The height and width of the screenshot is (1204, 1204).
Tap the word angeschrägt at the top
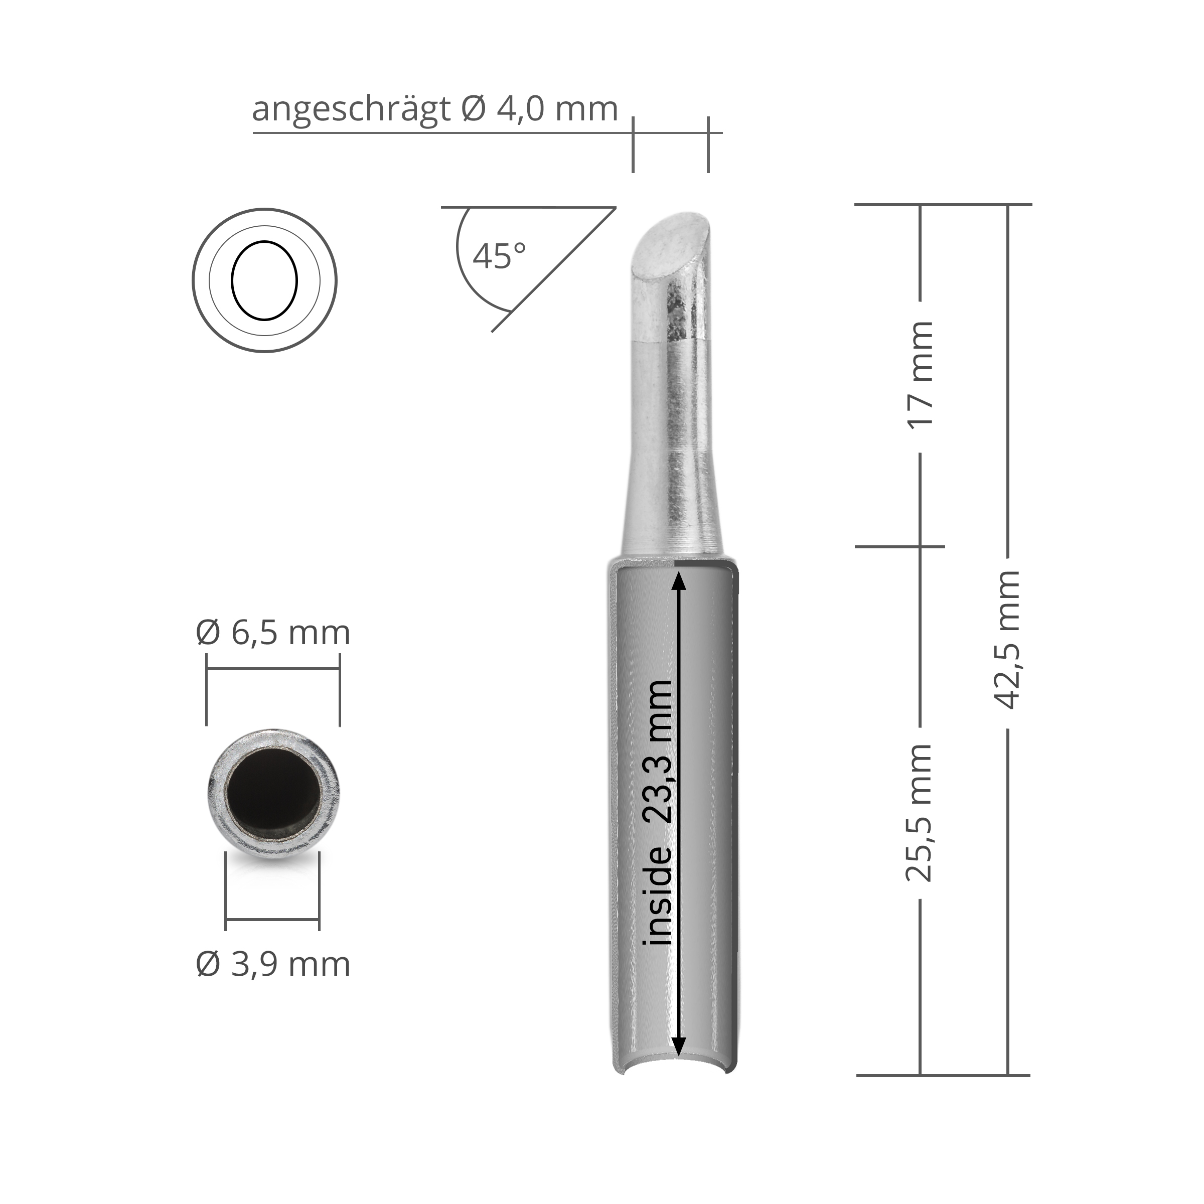click(351, 110)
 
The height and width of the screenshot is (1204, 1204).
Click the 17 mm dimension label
click(921, 374)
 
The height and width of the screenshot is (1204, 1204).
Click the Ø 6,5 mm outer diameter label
click(273, 633)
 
